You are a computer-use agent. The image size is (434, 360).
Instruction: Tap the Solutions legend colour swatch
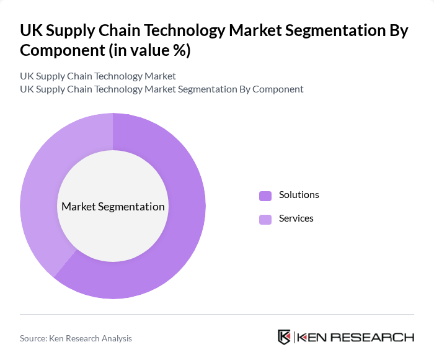click(265, 196)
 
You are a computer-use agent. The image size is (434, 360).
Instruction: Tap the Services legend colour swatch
click(265, 219)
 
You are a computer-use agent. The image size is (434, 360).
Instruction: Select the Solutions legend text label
click(299, 195)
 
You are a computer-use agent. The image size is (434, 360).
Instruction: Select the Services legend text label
click(296, 218)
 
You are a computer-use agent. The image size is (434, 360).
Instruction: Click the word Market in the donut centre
click(79, 207)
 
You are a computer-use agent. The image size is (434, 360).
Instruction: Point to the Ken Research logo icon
click(285, 337)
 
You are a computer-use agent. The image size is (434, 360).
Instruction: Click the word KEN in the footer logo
click(312, 338)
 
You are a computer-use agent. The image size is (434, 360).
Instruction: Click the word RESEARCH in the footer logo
click(371, 338)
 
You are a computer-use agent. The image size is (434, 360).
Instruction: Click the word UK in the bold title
click(30, 31)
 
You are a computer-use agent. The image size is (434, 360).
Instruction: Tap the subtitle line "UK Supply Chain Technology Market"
click(98, 76)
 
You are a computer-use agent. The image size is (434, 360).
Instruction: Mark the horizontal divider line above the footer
click(217, 314)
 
